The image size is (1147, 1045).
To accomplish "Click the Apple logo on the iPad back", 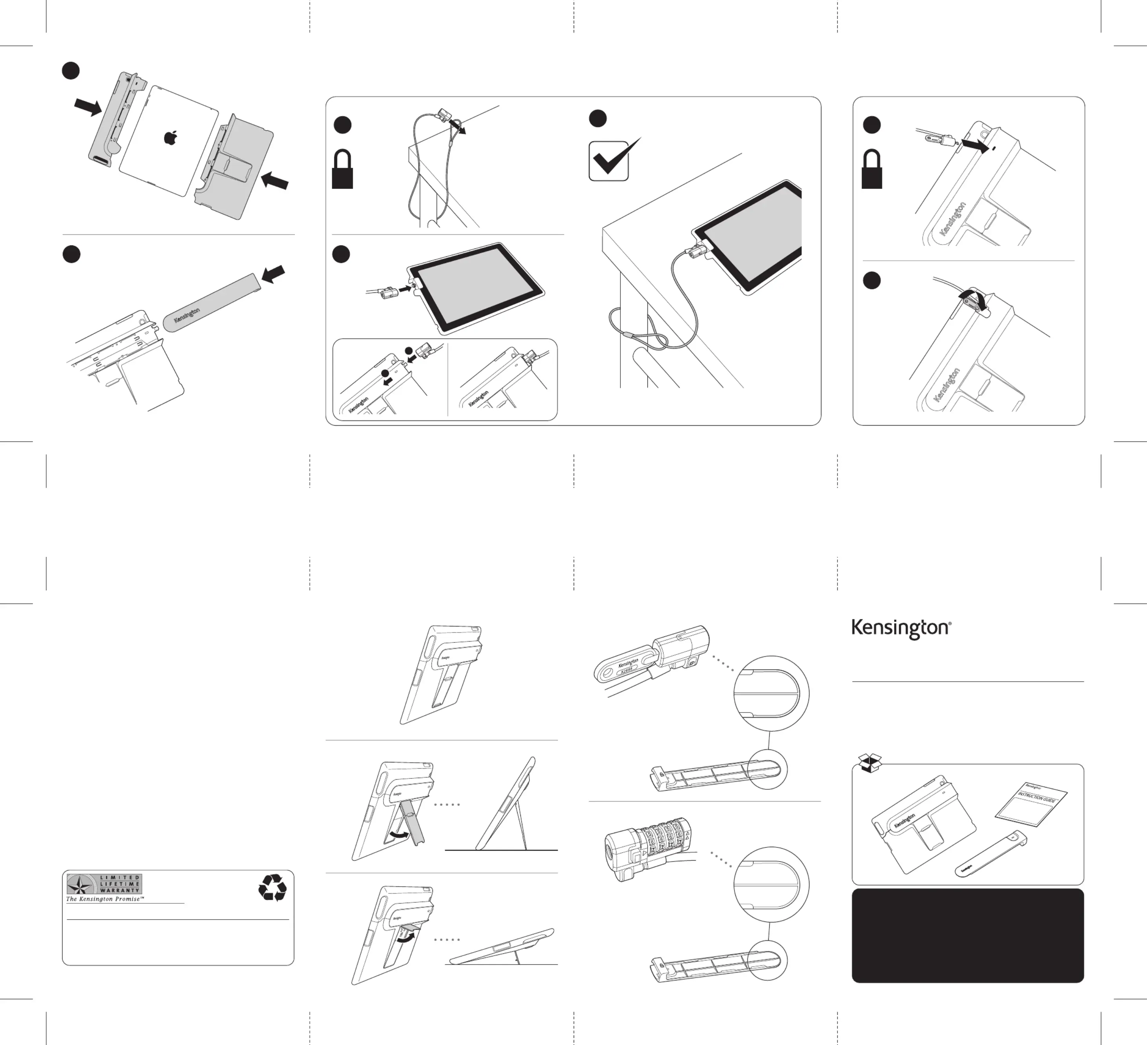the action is pos(169,138).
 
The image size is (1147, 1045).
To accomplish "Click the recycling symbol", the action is pos(272,887).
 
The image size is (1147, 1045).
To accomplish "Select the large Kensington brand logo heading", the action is pos(901,629).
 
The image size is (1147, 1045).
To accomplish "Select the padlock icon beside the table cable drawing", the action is pos(342,169).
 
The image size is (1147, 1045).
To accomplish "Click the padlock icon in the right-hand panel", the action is pos(872,169).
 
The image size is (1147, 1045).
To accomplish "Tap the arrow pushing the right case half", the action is pos(275,182).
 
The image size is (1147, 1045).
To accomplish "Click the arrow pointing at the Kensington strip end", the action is pos(273,274).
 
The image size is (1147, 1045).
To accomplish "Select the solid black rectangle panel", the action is pos(967,935).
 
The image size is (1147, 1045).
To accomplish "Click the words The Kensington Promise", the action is pos(105,899).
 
